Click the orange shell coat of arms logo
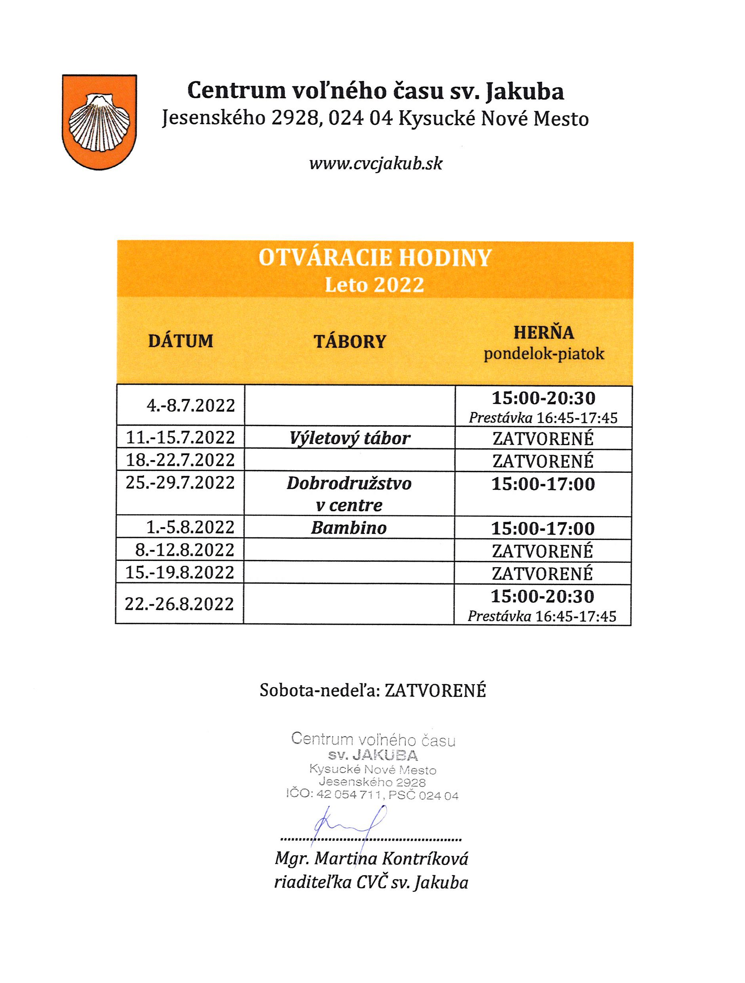tap(99, 122)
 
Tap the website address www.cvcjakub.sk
tap(376, 164)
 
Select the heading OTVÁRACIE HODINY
tap(375, 258)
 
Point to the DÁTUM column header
tap(180, 341)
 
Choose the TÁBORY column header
tap(350, 342)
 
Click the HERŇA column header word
tap(544, 333)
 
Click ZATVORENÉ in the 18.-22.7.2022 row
tap(543, 461)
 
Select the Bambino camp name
tap(349, 528)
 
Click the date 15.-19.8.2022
tap(180, 573)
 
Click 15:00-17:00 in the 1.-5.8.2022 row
tap(543, 529)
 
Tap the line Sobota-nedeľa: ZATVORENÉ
tap(373, 690)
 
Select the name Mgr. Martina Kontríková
tap(371, 859)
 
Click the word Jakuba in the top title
tap(525, 91)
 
